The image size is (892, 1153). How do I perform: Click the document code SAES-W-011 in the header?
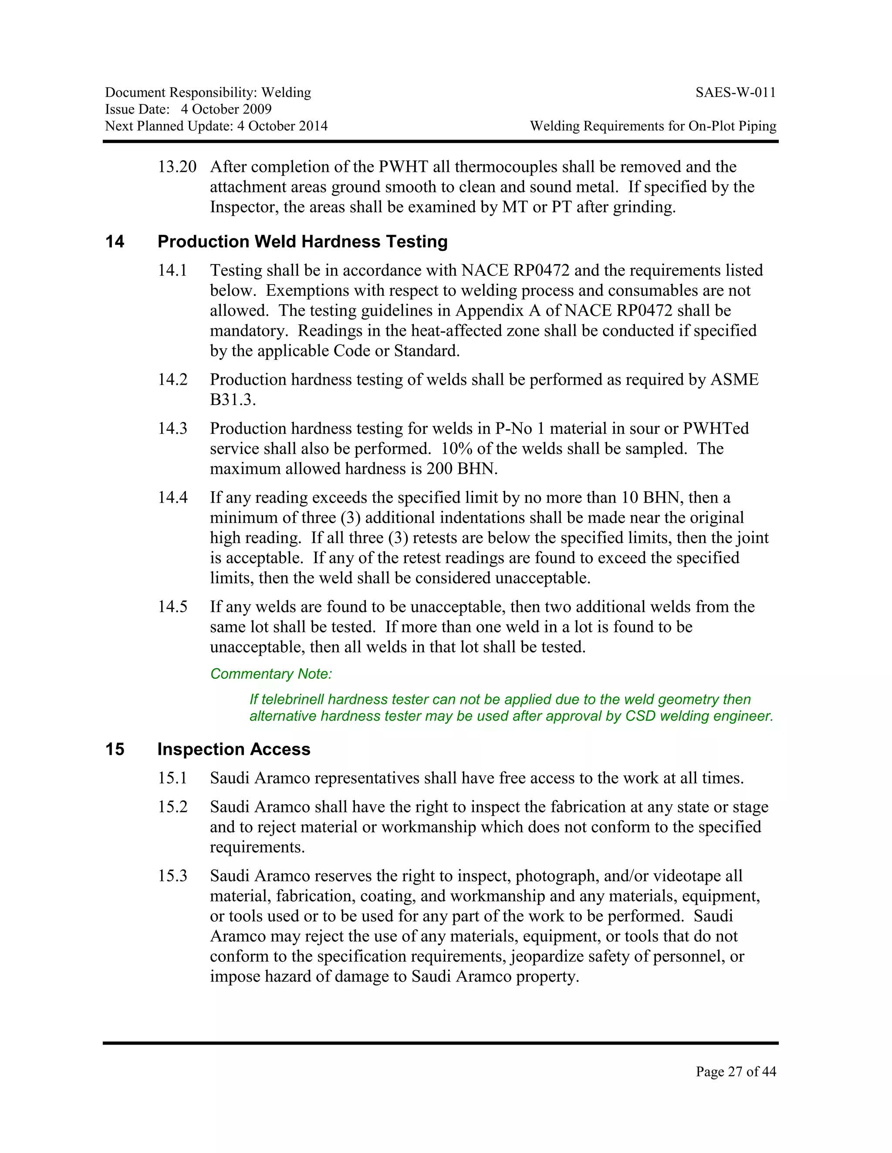736,93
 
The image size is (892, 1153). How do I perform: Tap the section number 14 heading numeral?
115,242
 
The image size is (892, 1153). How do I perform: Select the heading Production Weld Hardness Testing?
302,242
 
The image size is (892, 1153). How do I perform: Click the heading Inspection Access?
233,750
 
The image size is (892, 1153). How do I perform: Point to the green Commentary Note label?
271,674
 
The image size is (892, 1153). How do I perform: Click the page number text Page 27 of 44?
736,1071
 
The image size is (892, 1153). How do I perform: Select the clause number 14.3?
173,429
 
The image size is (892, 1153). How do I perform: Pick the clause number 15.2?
173,807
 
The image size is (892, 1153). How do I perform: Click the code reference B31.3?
233,400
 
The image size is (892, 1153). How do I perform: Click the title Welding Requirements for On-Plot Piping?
653,126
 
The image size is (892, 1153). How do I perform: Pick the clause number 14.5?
173,607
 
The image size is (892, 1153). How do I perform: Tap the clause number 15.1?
173,778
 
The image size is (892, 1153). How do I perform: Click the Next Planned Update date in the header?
282,126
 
